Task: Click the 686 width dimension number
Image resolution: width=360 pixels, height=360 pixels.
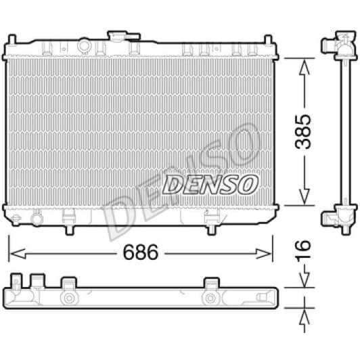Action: pos(141,252)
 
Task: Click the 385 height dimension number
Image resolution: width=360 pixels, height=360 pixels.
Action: pos(305,132)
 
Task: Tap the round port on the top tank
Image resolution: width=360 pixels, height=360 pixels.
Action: pos(84,46)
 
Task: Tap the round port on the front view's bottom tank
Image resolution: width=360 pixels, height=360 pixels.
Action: pos(37,218)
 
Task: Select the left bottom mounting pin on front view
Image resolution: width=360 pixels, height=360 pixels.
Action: pos(68,229)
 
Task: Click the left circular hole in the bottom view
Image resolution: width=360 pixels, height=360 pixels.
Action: pos(68,298)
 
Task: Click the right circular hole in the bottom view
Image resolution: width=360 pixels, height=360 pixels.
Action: pos(211,298)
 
